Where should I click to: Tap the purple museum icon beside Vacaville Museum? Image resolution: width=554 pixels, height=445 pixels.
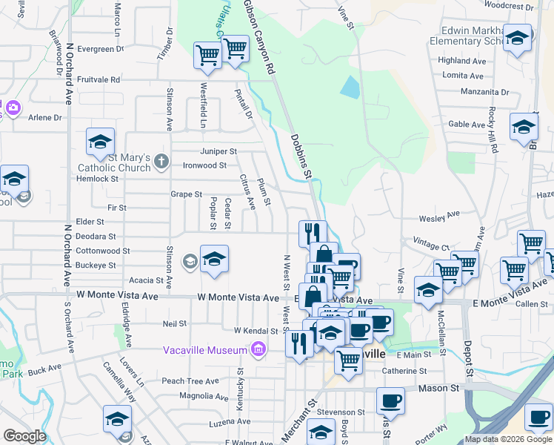point(258,349)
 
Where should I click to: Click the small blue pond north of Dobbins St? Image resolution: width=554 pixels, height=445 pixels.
point(348,88)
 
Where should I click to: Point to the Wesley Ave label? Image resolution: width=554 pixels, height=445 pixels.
point(439,218)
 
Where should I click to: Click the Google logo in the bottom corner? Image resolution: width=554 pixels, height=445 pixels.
point(24,435)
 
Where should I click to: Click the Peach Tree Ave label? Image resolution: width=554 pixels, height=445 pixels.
point(190,381)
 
